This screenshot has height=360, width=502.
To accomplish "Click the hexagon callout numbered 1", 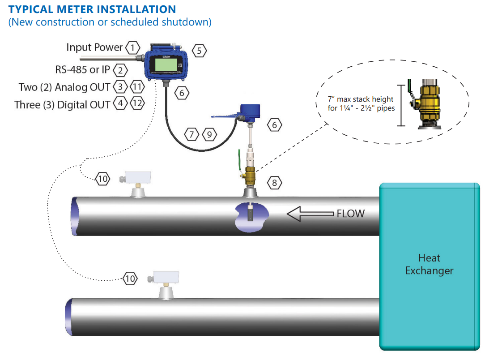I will click(x=132, y=47).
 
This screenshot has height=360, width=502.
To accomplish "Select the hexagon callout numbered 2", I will click(x=120, y=70).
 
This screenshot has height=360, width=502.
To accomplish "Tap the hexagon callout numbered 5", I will click(x=199, y=51).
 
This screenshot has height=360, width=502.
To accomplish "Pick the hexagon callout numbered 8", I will click(x=275, y=182).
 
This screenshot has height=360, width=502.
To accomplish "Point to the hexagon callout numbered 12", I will click(x=137, y=104).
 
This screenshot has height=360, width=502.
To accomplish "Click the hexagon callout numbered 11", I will click(x=137, y=86).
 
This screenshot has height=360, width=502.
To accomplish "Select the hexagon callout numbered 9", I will click(x=209, y=133).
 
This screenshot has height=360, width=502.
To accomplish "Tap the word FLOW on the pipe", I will click(x=350, y=214).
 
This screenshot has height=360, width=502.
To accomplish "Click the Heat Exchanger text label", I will click(x=429, y=264).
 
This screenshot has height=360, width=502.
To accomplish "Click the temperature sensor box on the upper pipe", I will click(x=137, y=178).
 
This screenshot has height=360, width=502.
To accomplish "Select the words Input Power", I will click(x=94, y=47).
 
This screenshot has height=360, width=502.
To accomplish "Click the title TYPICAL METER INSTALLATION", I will click(x=92, y=9).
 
